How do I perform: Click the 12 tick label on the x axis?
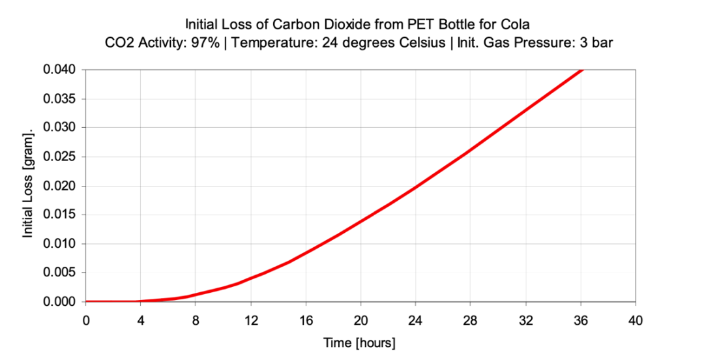coord(251,320)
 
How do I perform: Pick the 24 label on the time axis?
coord(416,320)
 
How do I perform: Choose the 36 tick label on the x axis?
coord(581,320)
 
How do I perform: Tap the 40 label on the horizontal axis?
coord(636,320)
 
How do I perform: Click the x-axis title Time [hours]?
coord(360,342)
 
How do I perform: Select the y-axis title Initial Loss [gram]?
coord(29,186)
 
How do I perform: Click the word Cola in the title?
coord(517,25)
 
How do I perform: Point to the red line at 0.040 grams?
coord(581,70)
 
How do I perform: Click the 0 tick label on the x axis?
coord(86,320)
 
